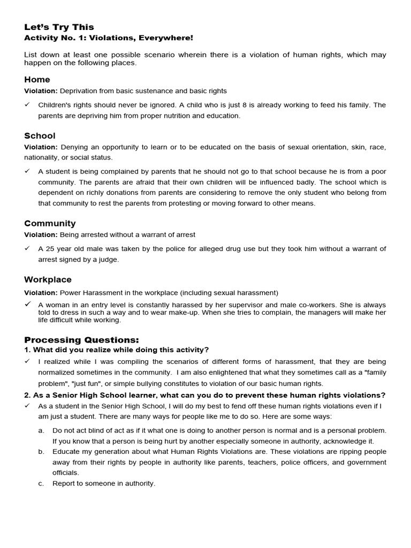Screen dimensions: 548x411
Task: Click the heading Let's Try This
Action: coord(59,27)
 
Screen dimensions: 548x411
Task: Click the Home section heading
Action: coord(37,80)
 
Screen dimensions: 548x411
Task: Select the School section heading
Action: coord(40,136)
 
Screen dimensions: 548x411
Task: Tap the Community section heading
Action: coord(50,223)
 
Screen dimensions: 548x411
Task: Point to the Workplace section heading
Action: coord(48,279)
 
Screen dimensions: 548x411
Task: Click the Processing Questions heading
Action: coord(81,340)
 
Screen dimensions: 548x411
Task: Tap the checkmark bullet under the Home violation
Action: coord(27,105)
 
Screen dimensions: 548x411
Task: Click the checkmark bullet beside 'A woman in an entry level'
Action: coord(27,304)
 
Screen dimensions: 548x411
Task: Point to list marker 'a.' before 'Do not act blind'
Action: coord(41,430)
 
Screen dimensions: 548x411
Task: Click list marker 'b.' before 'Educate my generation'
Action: coord(41,452)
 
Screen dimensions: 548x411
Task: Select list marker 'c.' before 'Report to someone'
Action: coord(41,483)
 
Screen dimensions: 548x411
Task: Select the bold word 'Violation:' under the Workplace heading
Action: coord(41,293)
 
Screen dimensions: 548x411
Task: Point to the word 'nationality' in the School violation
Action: coord(42,157)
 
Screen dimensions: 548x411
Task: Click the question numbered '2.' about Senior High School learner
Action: coord(205,395)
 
